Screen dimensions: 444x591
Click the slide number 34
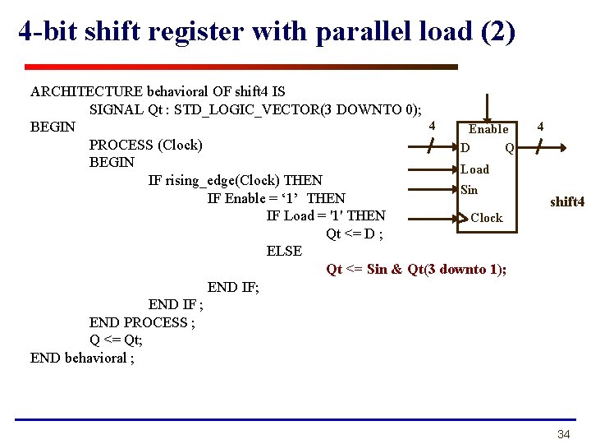[x=563, y=434]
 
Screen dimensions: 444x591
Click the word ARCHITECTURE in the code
[x=86, y=91]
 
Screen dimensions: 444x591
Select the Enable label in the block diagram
[x=488, y=129]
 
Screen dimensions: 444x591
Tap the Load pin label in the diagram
[x=474, y=169]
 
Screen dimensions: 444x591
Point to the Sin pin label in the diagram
[x=469, y=190]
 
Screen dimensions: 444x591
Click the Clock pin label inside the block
[x=486, y=218]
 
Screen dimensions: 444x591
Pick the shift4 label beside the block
[x=566, y=202]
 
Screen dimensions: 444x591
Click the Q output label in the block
[x=510, y=149]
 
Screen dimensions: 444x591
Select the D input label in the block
[x=465, y=149]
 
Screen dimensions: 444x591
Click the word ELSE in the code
[x=284, y=251]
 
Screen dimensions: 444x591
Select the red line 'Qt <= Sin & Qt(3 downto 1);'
[x=416, y=270]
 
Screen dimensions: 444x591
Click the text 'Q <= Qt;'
[x=116, y=340]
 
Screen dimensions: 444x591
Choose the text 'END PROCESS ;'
[x=142, y=322]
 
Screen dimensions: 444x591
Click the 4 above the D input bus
[x=432, y=126]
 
